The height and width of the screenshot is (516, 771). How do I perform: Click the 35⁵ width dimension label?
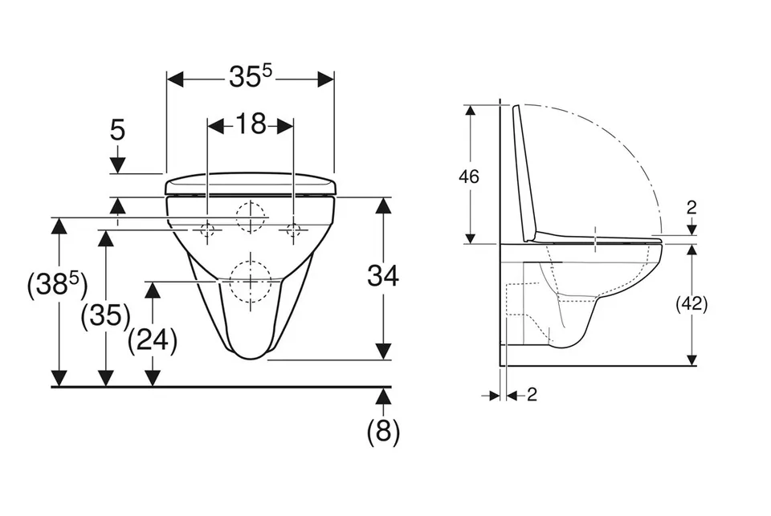coord(251,76)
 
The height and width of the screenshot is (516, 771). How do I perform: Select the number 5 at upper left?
coord(117,130)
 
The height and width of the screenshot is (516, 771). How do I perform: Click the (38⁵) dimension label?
coord(58,284)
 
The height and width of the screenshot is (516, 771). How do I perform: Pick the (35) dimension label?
coord(106,315)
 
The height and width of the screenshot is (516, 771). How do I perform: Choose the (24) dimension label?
coord(153,340)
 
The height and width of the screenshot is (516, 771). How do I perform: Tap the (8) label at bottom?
coord(384,432)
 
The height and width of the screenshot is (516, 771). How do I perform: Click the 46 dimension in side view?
coord(468,177)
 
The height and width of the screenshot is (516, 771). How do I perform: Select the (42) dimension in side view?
coord(691,304)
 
